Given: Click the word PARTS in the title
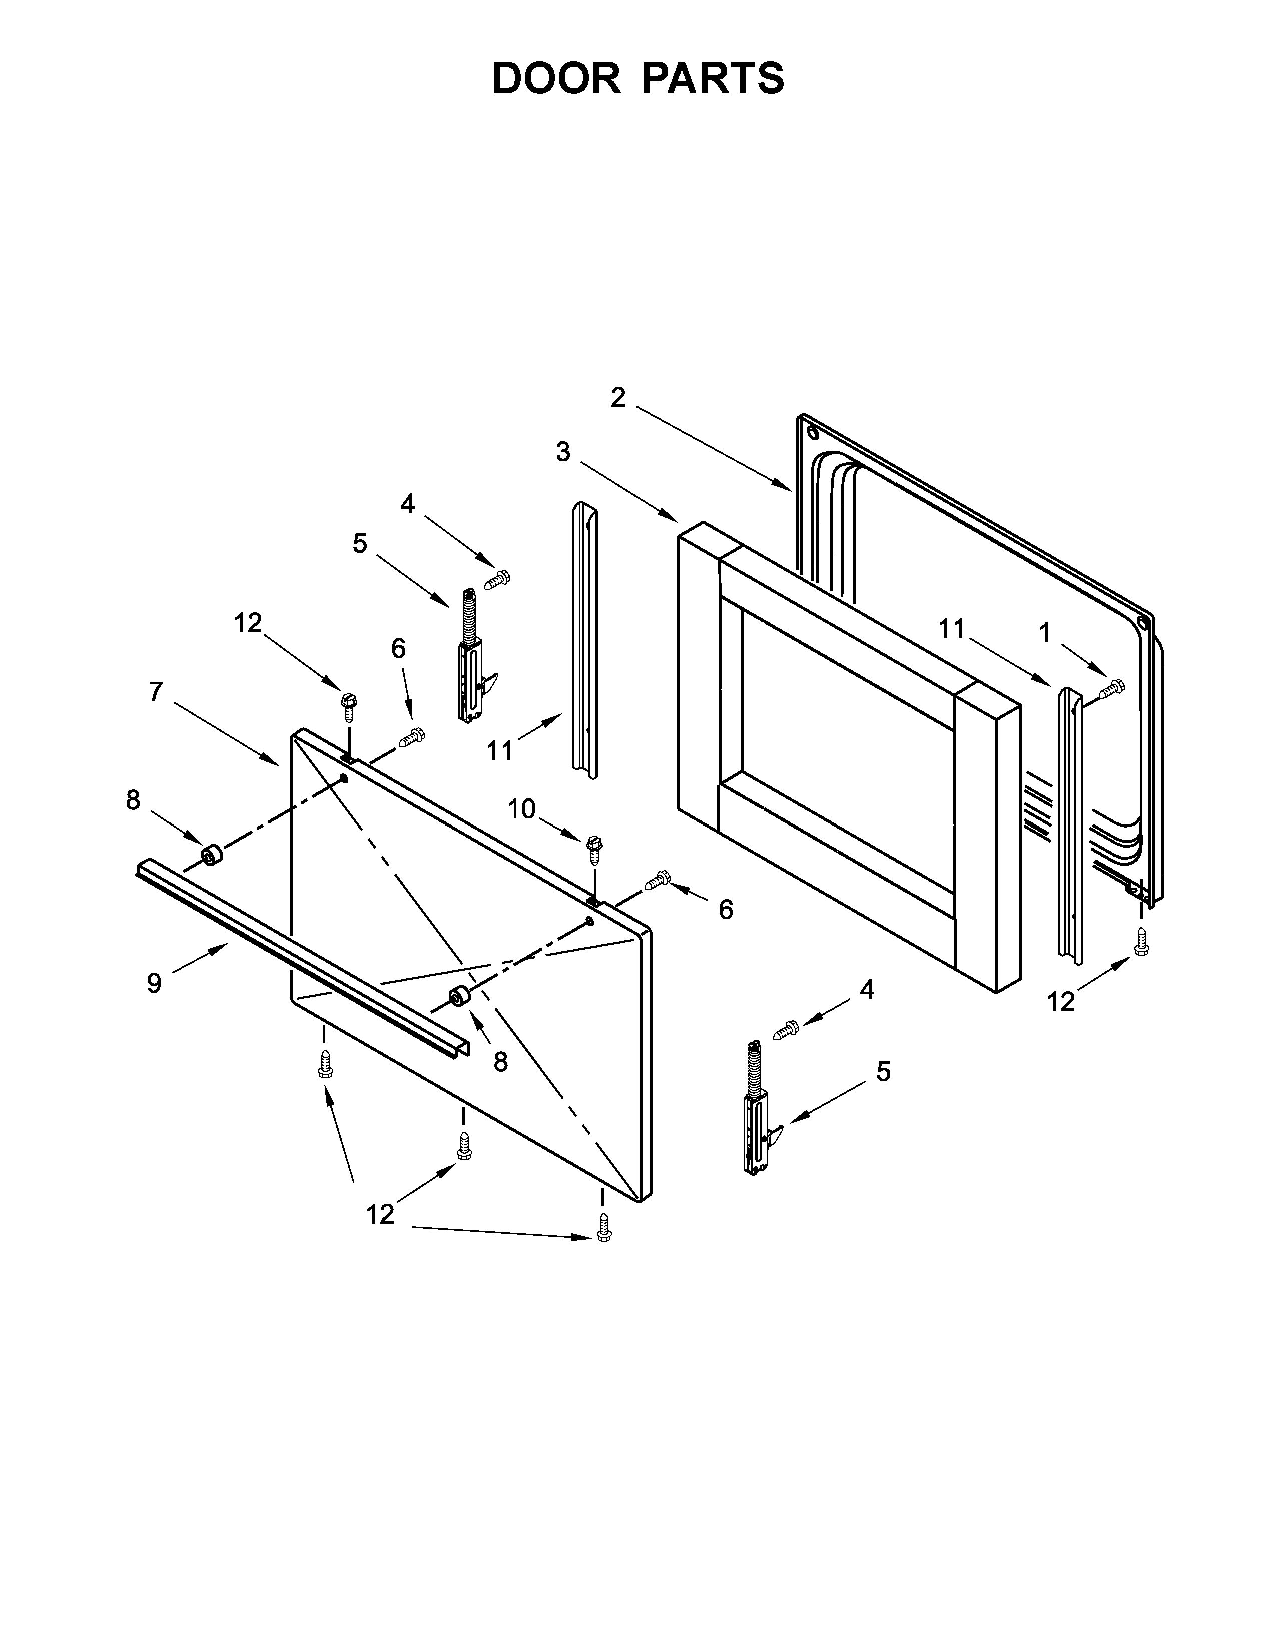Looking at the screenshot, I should [714, 78].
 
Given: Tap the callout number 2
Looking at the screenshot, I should [618, 398].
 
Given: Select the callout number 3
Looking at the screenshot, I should [563, 452].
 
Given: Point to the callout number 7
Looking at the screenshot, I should [156, 692].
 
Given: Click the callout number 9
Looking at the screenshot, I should [154, 983].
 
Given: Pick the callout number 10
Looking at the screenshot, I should [521, 809].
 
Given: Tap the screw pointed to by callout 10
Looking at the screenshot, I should [594, 850].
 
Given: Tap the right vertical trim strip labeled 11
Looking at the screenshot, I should [1070, 824].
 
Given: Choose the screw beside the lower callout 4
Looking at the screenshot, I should [786, 1029].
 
